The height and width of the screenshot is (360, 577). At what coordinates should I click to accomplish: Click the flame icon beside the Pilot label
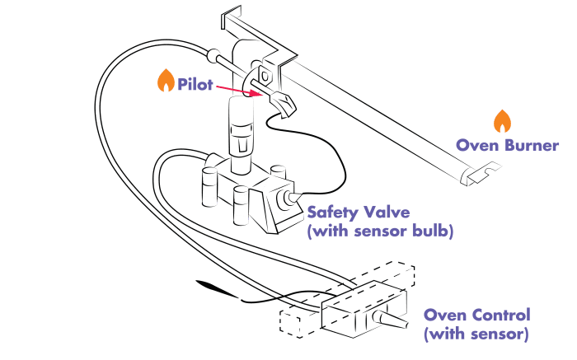coord(166,81)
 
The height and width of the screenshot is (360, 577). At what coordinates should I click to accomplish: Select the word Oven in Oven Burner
coord(473,145)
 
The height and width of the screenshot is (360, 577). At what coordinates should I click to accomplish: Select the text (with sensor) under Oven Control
coord(475,334)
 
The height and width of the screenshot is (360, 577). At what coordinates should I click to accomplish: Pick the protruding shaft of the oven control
coord(392,320)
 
